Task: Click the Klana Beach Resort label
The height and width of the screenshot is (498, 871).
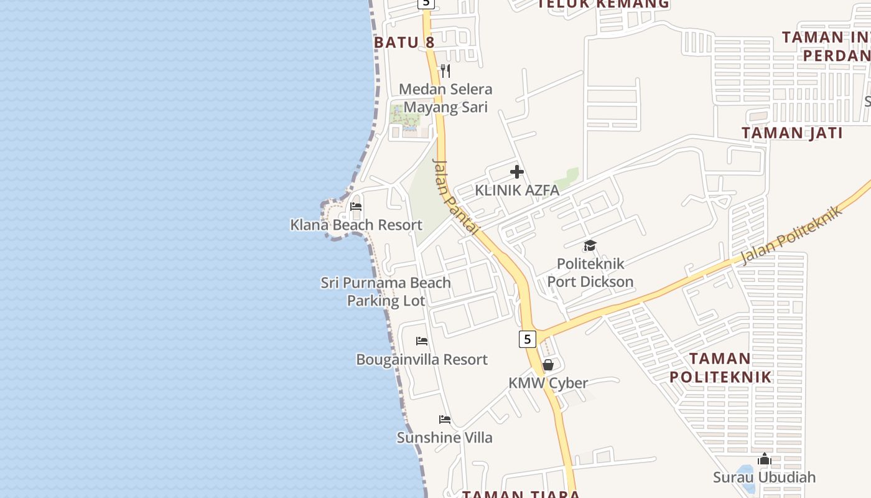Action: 356,225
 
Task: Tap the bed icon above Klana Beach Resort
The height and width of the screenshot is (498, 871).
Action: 356,206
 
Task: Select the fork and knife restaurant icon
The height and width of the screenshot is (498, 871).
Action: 445,70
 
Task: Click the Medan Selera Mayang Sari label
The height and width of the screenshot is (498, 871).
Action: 445,98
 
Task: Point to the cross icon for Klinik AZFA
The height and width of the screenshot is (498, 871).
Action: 516,172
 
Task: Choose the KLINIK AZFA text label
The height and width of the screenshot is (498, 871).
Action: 517,190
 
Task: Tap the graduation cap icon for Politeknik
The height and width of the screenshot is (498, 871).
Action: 590,245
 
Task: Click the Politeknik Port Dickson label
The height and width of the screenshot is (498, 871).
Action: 590,273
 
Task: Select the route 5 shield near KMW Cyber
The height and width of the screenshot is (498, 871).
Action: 527,339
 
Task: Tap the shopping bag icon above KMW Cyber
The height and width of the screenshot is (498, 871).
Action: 548,365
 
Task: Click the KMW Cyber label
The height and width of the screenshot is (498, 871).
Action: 548,383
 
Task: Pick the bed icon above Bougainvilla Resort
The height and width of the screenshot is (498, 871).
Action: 422,341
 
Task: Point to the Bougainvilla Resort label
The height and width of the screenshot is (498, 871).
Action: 422,359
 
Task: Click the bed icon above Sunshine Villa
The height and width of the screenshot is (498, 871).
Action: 444,419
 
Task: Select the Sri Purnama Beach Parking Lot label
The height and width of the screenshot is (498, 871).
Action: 386,291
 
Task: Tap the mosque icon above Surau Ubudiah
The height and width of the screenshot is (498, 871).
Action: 765,459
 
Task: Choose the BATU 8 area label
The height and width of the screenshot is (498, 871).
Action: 404,42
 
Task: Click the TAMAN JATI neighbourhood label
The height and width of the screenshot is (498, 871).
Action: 792,133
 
